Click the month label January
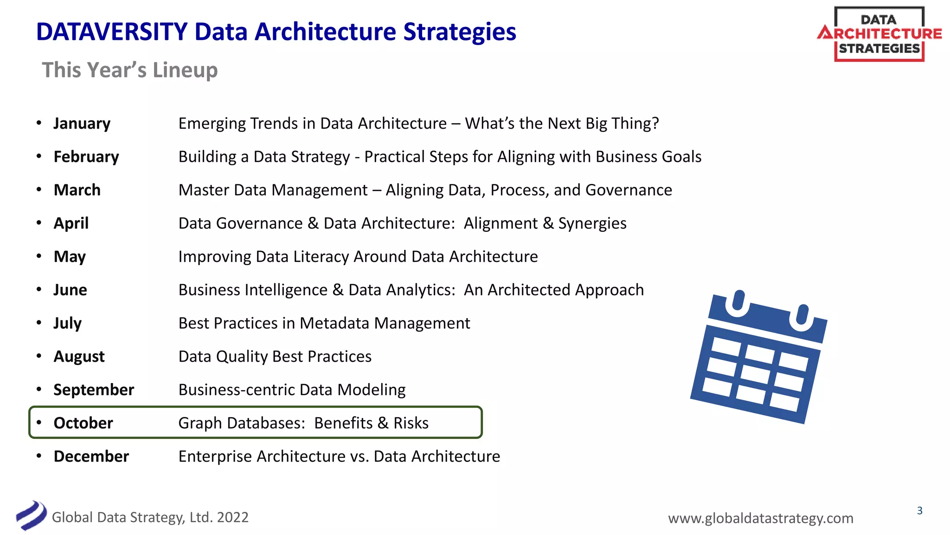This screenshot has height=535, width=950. tap(82, 124)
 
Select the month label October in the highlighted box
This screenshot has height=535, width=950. tap(83, 423)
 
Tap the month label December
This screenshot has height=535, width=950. tap(91, 457)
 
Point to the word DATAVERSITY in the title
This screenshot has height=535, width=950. tap(111, 32)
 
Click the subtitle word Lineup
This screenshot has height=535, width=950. tap(185, 70)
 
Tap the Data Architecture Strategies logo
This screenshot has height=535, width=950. tap(879, 34)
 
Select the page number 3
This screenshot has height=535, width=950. tap(919, 511)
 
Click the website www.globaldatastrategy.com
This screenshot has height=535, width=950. tap(760, 518)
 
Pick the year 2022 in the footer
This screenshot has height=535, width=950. tap(232, 517)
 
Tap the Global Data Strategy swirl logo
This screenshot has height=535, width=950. tap(31, 515)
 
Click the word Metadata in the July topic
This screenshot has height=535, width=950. tap(334, 323)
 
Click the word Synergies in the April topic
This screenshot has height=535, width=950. tap(592, 223)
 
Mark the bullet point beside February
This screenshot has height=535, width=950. tap(39, 157)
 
